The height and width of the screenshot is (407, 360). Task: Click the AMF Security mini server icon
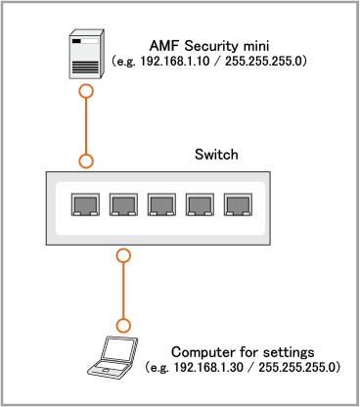pos(86,54)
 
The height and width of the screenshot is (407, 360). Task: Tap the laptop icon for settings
pos(112,358)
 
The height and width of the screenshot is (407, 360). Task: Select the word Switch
pos(216,155)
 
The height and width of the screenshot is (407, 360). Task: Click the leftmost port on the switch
pos(85,204)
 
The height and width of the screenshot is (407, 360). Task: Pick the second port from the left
pos(123,204)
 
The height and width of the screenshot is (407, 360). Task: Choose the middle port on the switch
pos(161,204)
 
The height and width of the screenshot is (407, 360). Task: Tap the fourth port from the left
pos(200,204)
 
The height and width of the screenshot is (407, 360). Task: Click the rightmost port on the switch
pos(238,204)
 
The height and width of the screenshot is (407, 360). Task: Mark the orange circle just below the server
pos(86,91)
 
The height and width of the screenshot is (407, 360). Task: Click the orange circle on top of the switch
pos(86,161)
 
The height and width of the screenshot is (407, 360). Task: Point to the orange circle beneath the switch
pos(123,255)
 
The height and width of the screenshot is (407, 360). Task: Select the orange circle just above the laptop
pos(123,326)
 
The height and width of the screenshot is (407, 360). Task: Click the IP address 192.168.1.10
pos(175,61)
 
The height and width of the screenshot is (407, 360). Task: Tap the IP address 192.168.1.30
pos(208,367)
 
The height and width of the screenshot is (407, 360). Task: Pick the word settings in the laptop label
pos(289,353)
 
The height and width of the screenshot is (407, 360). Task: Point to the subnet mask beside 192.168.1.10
pos(264,61)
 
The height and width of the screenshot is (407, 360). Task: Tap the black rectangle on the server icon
pos(76,41)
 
